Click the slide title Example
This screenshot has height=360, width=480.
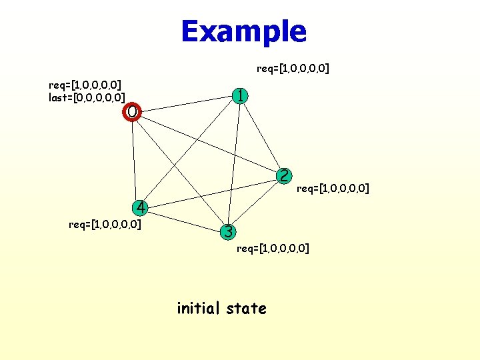[x=243, y=31]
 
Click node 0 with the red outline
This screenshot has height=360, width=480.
[x=132, y=111]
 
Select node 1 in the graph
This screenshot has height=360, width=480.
[x=241, y=95]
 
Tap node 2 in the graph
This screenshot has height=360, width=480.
[x=284, y=176]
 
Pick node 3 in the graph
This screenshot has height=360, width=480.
[x=228, y=232]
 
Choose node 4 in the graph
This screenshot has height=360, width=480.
[x=139, y=207]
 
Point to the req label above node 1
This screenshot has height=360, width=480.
[x=293, y=68]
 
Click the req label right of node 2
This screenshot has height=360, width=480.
[x=333, y=189]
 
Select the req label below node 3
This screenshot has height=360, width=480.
[x=273, y=249]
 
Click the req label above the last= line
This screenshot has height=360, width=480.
[x=85, y=85]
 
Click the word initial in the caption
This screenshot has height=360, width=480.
[x=199, y=308]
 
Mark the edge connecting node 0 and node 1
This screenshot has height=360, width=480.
[x=187, y=104]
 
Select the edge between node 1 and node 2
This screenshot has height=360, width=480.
[x=263, y=135]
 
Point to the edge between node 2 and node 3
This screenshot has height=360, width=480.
[x=256, y=204]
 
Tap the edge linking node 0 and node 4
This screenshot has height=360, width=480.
[x=135, y=160]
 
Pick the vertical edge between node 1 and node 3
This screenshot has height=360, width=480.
[x=235, y=163]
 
